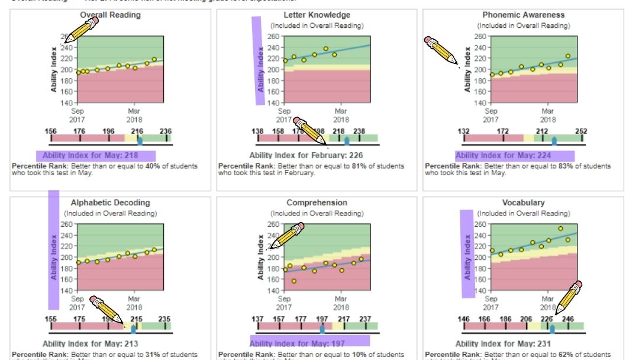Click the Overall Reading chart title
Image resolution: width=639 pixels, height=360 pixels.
coord(111,15)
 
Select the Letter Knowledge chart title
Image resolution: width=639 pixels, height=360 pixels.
coord(317,15)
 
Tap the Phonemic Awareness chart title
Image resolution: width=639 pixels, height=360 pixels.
coord(524,15)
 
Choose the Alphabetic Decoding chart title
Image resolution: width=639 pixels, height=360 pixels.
coord(111,202)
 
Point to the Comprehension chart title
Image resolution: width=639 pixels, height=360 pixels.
coord(317,202)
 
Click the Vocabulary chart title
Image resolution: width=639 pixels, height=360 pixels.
coord(524,202)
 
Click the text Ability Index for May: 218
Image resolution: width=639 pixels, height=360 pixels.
coord(96,156)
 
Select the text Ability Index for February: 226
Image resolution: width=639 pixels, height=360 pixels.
coord(306,156)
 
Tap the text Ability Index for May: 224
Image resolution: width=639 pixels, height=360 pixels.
coord(514,156)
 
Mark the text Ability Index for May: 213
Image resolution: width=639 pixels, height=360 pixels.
coord(91,343)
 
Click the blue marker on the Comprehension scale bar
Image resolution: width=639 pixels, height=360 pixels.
coord(322,328)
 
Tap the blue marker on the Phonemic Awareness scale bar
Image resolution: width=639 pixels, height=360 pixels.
coord(554,140)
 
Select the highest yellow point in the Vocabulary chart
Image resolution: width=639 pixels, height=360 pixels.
coord(560,229)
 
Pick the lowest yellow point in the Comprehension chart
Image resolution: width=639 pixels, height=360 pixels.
coord(294,281)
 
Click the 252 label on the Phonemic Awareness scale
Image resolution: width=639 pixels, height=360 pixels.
coord(582,131)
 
